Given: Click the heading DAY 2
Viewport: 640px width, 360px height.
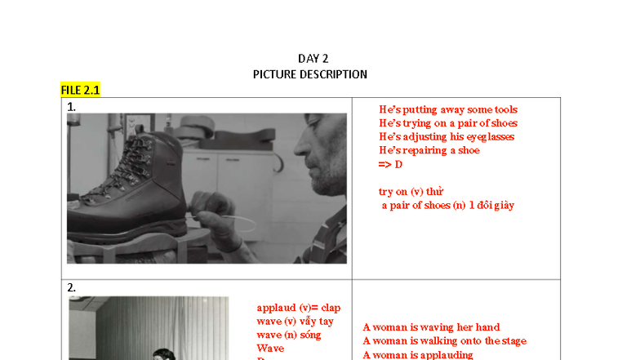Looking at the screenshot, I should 313,58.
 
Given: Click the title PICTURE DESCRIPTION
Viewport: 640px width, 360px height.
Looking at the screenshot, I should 310,74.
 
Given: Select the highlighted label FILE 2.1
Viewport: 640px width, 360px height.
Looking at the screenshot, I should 80,90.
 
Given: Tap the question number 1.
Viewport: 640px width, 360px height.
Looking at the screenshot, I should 71,106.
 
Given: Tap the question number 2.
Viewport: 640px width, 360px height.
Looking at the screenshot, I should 71,287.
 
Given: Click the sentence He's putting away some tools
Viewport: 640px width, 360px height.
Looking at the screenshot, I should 448,109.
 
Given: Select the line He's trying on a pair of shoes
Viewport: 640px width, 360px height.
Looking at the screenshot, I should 448,123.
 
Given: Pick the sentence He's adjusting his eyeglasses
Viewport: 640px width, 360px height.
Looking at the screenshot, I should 447,136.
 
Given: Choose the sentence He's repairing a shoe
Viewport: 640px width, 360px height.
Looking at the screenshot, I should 429,150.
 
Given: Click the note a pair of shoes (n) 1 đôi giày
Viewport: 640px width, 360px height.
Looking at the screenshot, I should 448,205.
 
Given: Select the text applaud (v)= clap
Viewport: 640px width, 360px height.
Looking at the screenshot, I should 298,308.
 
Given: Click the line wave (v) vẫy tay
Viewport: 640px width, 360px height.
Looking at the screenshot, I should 295,321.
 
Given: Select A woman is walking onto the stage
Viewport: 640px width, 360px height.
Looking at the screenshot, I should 444,341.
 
